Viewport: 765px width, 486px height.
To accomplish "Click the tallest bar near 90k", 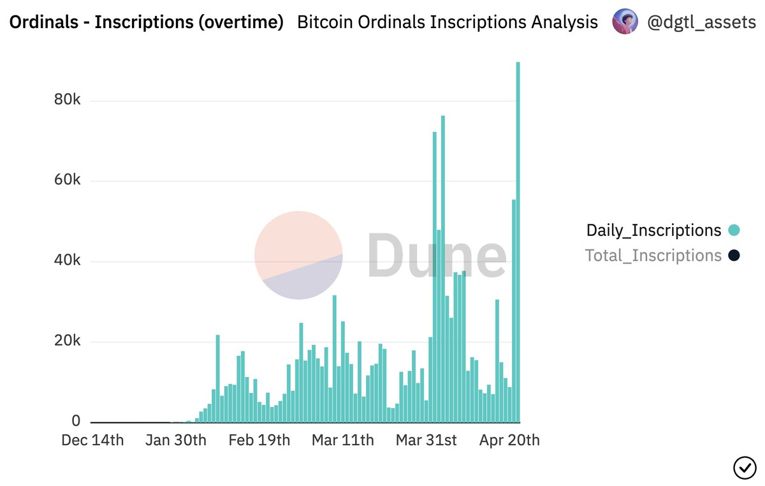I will [x=518, y=242].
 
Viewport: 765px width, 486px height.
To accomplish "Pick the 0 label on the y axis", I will [x=76, y=422].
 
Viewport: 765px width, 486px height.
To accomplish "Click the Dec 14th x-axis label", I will [x=92, y=441].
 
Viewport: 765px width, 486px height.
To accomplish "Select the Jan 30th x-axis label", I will [x=176, y=441].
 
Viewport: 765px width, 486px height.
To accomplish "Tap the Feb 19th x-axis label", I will [x=259, y=441].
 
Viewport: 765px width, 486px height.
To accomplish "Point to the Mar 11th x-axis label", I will [x=342, y=441].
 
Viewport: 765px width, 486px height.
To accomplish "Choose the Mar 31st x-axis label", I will [x=426, y=441].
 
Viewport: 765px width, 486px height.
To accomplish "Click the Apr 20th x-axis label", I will [x=509, y=441].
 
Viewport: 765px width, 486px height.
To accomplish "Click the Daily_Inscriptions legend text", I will [x=653, y=230].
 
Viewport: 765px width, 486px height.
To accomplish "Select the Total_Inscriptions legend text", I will [x=653, y=256].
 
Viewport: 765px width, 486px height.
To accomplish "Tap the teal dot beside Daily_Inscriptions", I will [x=734, y=230].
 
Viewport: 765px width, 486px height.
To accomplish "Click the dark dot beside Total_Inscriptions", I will [x=734, y=256].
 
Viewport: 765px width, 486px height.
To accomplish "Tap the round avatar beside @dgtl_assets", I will [x=625, y=22].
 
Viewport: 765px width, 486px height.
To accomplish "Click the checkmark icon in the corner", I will [x=744, y=468].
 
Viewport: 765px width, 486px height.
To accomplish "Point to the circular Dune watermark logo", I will [x=298, y=255].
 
